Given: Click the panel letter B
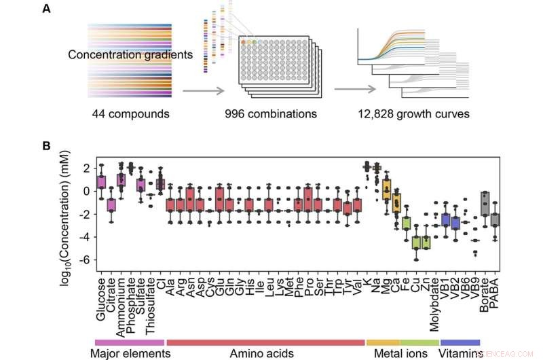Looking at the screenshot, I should click(45, 145).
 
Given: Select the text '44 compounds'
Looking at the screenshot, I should click(129, 114).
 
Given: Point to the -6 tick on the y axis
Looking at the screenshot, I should click(84, 260).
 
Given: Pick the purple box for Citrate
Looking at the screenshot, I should click(111, 205).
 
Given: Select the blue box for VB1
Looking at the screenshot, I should click(445, 219).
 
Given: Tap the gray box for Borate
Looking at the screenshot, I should click(485, 204).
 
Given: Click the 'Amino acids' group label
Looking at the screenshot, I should click(265, 353).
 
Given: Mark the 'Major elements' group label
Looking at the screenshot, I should click(130, 353).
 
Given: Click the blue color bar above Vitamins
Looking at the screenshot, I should click(460, 342).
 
